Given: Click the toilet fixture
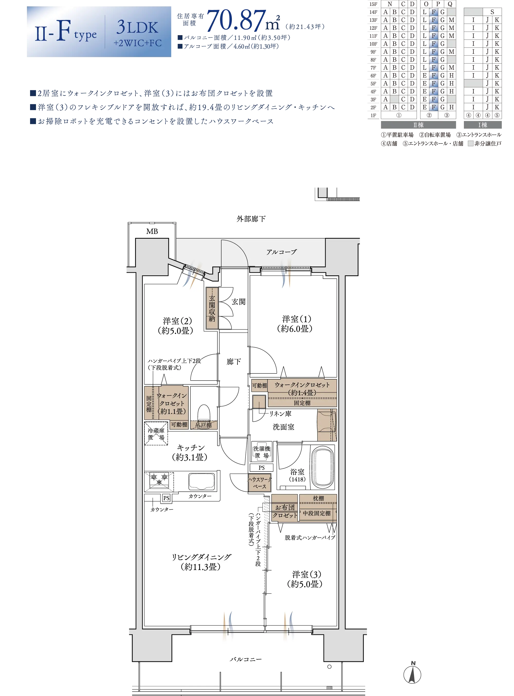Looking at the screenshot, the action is [204, 413].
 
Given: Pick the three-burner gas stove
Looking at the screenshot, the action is [159, 480].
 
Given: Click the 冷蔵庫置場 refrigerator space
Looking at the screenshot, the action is [156, 433].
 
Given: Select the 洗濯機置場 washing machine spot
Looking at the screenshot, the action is [262, 451].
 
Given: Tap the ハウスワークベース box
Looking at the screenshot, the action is [260, 482].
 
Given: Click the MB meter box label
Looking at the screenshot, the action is [152, 231].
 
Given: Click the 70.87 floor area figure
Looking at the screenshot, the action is [237, 21].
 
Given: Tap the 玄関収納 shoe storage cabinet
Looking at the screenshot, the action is [212, 308].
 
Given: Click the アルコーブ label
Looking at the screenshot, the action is [281, 252].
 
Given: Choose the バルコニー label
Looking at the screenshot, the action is [246, 659].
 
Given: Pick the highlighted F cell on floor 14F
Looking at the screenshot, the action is [433, 12].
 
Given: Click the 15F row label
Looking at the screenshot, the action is [373, 4].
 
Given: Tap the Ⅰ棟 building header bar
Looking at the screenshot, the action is [483, 125].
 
